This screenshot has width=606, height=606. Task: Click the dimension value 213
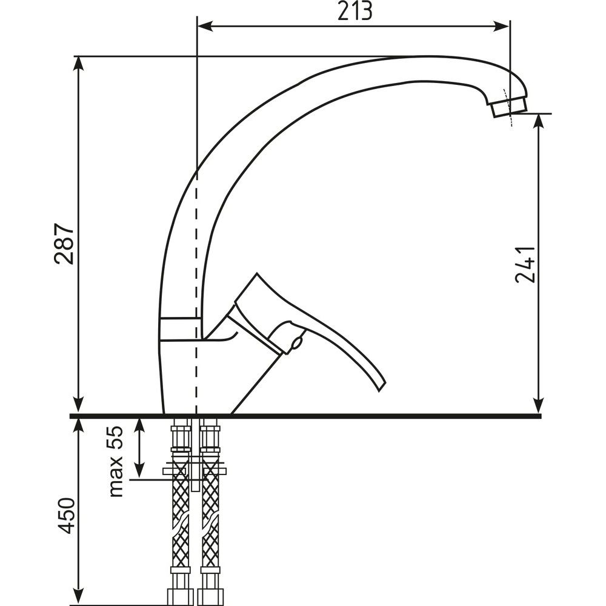click(355, 11)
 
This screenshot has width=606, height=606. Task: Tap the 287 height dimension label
click(64, 244)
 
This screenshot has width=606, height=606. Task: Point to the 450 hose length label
click(65, 516)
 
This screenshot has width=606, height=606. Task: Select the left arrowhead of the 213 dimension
click(205, 26)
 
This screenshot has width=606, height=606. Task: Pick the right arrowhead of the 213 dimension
click(502, 26)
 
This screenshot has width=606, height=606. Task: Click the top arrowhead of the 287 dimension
click(79, 64)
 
